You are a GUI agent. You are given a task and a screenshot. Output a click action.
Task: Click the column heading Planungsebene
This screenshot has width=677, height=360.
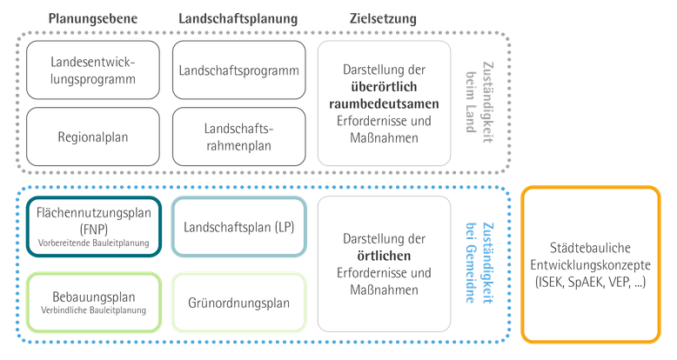coord(93,18)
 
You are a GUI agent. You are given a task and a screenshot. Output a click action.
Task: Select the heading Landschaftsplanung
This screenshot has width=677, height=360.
coord(238,18)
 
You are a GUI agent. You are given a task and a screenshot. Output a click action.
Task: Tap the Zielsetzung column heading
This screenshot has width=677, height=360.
coord(383,18)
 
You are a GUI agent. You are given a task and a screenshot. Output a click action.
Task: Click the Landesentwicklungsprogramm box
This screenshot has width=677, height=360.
coord(93,70)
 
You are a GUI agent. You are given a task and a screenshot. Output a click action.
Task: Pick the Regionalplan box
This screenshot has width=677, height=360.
coord(93,137)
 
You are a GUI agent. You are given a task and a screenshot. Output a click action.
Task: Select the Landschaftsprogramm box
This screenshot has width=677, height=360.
coord(238,70)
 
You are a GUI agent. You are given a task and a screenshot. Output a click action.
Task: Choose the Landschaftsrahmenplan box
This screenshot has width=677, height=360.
coord(238,137)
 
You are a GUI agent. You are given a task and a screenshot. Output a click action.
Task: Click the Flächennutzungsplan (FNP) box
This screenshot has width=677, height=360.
coord(94,227)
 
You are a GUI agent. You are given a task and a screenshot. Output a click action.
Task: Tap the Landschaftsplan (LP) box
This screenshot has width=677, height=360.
coord(238,227)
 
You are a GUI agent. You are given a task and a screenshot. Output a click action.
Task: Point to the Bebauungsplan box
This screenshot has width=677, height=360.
coord(94,303)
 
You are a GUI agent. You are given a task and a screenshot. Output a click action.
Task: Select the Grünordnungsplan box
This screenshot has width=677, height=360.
coord(238,303)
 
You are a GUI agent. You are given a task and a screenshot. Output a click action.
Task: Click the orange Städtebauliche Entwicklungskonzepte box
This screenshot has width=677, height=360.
coord(591,264)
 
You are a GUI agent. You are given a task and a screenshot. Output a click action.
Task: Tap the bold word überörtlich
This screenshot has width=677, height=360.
coord(384,87)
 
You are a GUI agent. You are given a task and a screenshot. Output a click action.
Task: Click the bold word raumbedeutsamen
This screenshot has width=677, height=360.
coord(384,104)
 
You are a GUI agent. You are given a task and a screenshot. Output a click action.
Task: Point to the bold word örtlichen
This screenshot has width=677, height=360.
coord(384,256)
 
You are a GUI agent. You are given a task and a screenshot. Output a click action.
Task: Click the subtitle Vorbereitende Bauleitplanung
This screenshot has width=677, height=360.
coord(94,243)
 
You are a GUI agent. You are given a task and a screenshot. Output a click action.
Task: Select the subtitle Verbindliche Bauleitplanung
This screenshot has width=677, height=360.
coord(94,310)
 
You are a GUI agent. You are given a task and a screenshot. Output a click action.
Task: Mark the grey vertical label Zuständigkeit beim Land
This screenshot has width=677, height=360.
coord(479,103)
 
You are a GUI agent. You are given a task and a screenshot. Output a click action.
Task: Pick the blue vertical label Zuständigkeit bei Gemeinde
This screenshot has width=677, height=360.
coord(479,263)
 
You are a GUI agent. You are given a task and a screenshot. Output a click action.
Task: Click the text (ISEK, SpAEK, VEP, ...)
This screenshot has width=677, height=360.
coord(591,283)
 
